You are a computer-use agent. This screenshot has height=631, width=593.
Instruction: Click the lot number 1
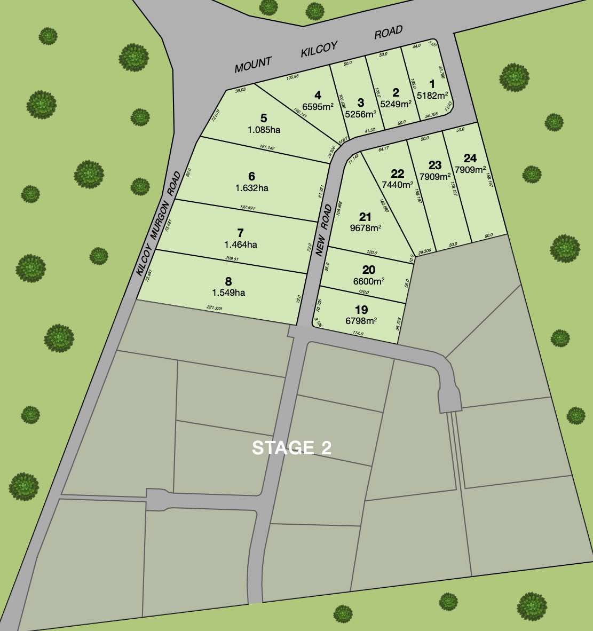pyautogui.click(x=432, y=84)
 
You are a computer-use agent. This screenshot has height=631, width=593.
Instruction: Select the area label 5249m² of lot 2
pyautogui.click(x=396, y=104)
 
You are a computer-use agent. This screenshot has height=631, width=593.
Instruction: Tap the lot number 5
pyautogui.click(x=263, y=118)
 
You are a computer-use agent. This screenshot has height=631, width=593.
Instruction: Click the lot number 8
pyautogui.click(x=228, y=281)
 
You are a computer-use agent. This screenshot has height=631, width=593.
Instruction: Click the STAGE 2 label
pyautogui.click(x=291, y=448)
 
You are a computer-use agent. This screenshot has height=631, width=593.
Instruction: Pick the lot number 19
pyautogui.click(x=361, y=310)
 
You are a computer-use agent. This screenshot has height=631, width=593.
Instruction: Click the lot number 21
pyautogui.click(x=365, y=216)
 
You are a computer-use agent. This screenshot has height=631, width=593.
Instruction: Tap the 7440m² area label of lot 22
pyautogui.click(x=398, y=185)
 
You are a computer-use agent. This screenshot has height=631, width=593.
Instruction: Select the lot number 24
pyautogui.click(x=470, y=158)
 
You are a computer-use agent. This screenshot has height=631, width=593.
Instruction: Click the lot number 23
pyautogui.click(x=435, y=164)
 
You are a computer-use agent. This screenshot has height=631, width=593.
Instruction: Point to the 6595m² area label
pyautogui.click(x=318, y=106)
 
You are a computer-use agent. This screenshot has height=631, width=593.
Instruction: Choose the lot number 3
pyautogui.click(x=360, y=102)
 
